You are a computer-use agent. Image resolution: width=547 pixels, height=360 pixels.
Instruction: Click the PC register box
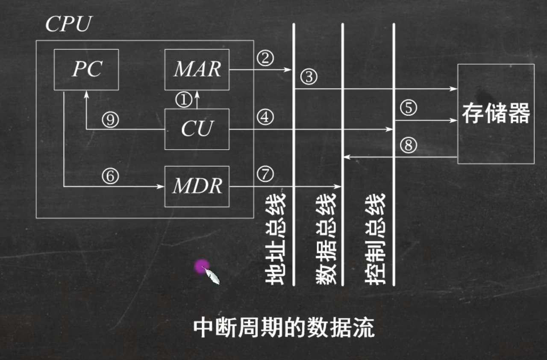[x=86, y=69]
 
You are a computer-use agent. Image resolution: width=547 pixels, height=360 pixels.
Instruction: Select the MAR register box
[x=197, y=69]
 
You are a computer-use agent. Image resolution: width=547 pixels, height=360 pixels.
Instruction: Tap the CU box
[x=197, y=129]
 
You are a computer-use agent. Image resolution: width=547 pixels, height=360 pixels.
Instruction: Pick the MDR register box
[x=197, y=186]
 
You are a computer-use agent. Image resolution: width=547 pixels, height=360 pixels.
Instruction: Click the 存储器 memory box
[x=496, y=114]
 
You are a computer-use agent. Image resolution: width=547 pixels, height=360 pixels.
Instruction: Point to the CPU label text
[x=68, y=25]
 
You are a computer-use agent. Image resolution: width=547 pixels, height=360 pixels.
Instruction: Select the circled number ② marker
[x=265, y=58]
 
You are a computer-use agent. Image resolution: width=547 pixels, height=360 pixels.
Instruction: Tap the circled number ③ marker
[x=309, y=77]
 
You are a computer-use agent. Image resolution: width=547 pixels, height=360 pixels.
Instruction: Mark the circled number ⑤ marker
[x=409, y=108]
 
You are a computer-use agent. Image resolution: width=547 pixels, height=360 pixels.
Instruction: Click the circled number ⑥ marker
[x=110, y=176]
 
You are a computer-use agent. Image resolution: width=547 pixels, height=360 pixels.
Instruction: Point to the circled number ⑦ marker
[x=265, y=174]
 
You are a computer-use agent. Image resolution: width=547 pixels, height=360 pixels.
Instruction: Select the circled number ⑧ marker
[x=409, y=146]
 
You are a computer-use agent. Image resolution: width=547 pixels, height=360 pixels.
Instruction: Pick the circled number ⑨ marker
[x=110, y=120]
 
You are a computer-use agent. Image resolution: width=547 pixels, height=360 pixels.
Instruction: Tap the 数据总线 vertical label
[x=326, y=239]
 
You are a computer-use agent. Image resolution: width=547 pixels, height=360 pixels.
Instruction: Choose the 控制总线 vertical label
[x=376, y=239]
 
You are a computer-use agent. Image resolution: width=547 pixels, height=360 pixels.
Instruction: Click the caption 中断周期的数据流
[x=284, y=328]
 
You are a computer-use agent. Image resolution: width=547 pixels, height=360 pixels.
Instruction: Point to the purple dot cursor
[x=202, y=266]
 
